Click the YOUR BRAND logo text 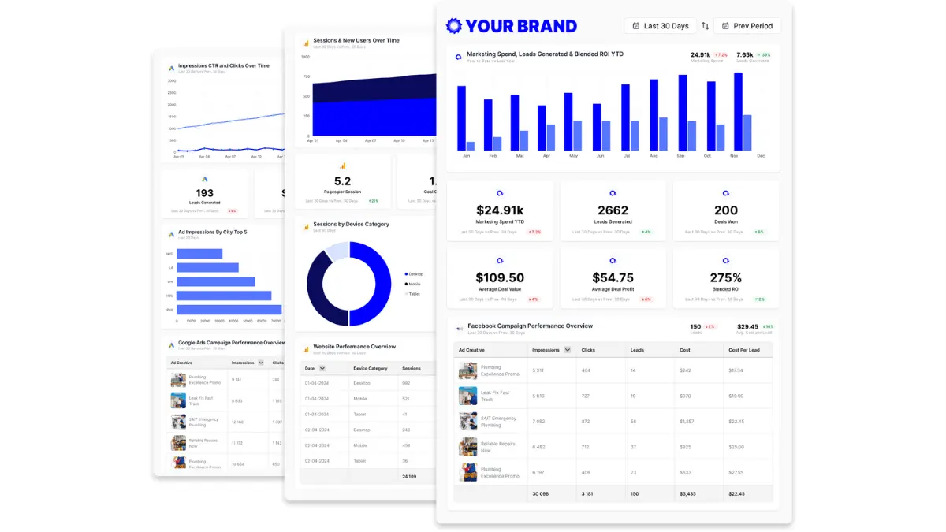point(520,26)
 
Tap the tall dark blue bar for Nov point(738,111)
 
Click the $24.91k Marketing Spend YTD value point(500,210)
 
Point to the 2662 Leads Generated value point(613,210)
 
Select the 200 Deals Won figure point(725,210)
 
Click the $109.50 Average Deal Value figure point(500,278)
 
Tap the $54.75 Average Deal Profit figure point(613,278)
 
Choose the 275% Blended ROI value point(725,278)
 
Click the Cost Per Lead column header point(744,350)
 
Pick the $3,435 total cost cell point(688,494)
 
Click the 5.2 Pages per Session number point(343,182)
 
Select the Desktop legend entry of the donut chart point(416,273)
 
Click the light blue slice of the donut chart point(337,251)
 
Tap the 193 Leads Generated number point(205,193)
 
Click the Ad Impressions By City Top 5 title point(212,232)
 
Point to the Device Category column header point(371,368)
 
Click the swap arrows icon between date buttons point(705,26)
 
